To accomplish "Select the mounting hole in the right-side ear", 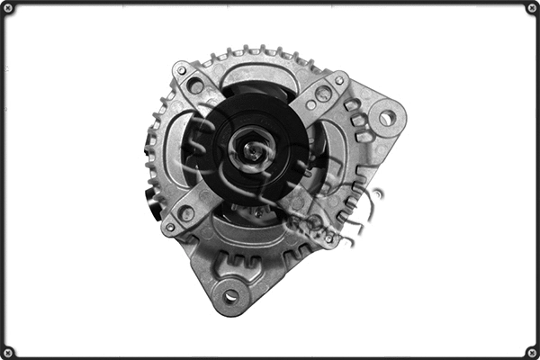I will coord(387,118).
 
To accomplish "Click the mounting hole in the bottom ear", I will coord(230,295).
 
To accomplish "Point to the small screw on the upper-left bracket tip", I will coord(182,69).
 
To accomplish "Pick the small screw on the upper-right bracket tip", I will coord(340,79).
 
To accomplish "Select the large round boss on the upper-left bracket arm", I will coord(196,87).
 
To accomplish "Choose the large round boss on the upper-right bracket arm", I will coord(323,93).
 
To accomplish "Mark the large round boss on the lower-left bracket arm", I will coord(186,213).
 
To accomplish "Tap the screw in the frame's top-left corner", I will coord(8,8).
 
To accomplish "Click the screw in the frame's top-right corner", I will coord(532,8).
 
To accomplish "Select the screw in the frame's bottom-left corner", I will coord(8,352).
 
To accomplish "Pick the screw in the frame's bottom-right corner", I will coord(532,352).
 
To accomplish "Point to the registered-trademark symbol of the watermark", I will coord(377,193).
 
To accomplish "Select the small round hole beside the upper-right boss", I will coord(310,105).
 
